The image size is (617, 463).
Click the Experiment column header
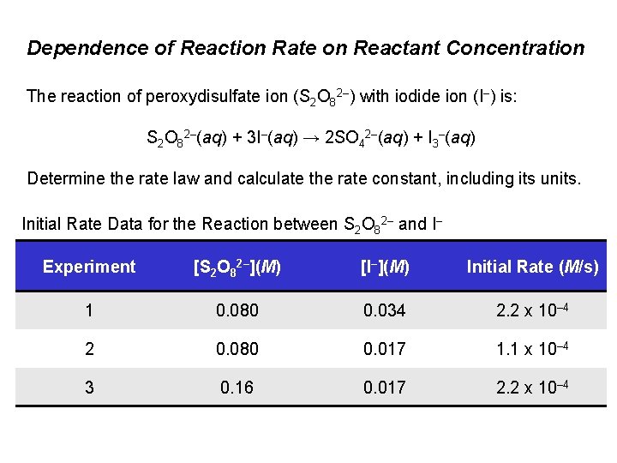[89, 267]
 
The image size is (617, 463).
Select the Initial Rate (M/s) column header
[532, 267]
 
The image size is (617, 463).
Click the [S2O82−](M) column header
[237, 267]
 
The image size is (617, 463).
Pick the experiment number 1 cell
[89, 310]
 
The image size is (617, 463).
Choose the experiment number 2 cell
[89, 348]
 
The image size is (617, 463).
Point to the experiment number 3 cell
[89, 387]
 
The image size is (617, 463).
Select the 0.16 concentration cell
[237, 387]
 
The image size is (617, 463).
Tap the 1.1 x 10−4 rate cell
[532, 348]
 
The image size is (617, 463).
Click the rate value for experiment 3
[532, 387]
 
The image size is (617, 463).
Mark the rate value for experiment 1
[532, 310]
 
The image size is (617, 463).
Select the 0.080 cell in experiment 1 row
[237, 310]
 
